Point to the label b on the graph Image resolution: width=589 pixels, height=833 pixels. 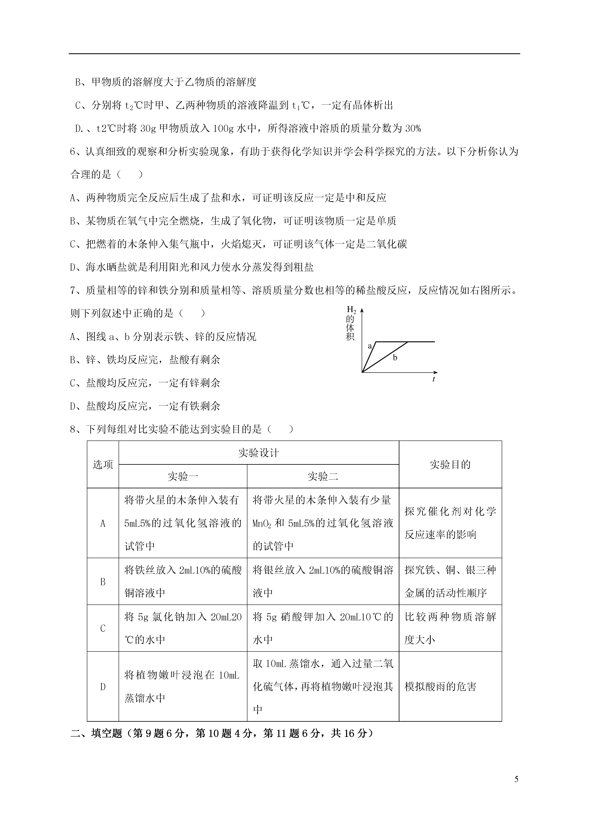[395, 358]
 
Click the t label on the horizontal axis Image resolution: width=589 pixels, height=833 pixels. [434, 379]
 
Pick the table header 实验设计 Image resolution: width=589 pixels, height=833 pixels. [259, 453]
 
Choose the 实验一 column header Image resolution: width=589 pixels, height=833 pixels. [183, 476]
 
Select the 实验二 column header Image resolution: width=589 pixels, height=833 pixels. [323, 476]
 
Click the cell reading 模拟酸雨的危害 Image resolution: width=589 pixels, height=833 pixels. [440, 687]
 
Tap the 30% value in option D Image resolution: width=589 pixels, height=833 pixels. [413, 128]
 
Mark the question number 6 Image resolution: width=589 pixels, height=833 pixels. [73, 152]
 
